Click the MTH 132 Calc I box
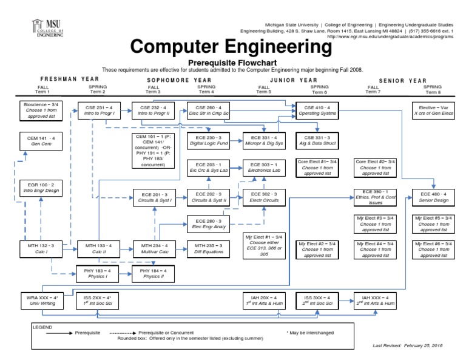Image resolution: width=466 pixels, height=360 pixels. (x=41, y=249)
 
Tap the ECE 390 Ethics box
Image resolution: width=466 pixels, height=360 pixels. (x=376, y=197)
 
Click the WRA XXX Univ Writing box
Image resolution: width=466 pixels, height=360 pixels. (x=41, y=301)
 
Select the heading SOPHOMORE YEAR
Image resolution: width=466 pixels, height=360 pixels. (x=180, y=80)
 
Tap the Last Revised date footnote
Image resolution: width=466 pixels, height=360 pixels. (x=407, y=345)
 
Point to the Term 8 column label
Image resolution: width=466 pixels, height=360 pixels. (x=433, y=92)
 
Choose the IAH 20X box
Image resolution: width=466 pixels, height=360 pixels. (x=263, y=301)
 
